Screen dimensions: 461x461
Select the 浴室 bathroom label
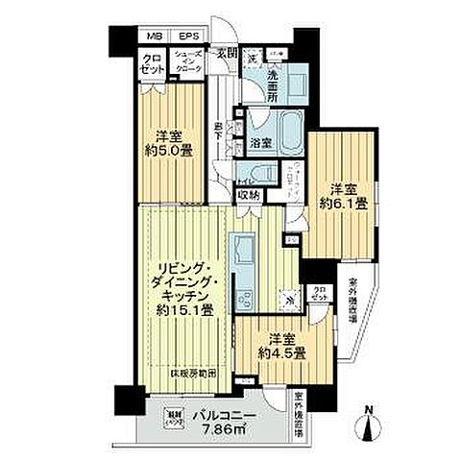259,143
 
